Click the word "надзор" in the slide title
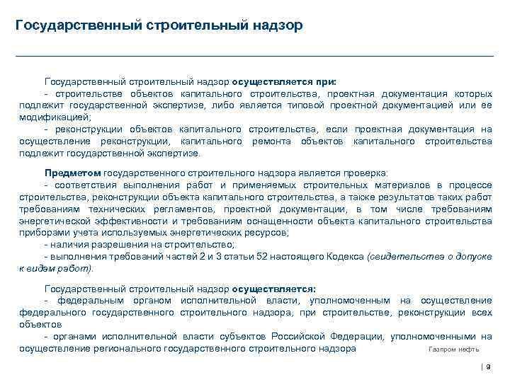pos(277,25)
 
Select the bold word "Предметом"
pos(72,172)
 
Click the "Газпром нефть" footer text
pos(454,349)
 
